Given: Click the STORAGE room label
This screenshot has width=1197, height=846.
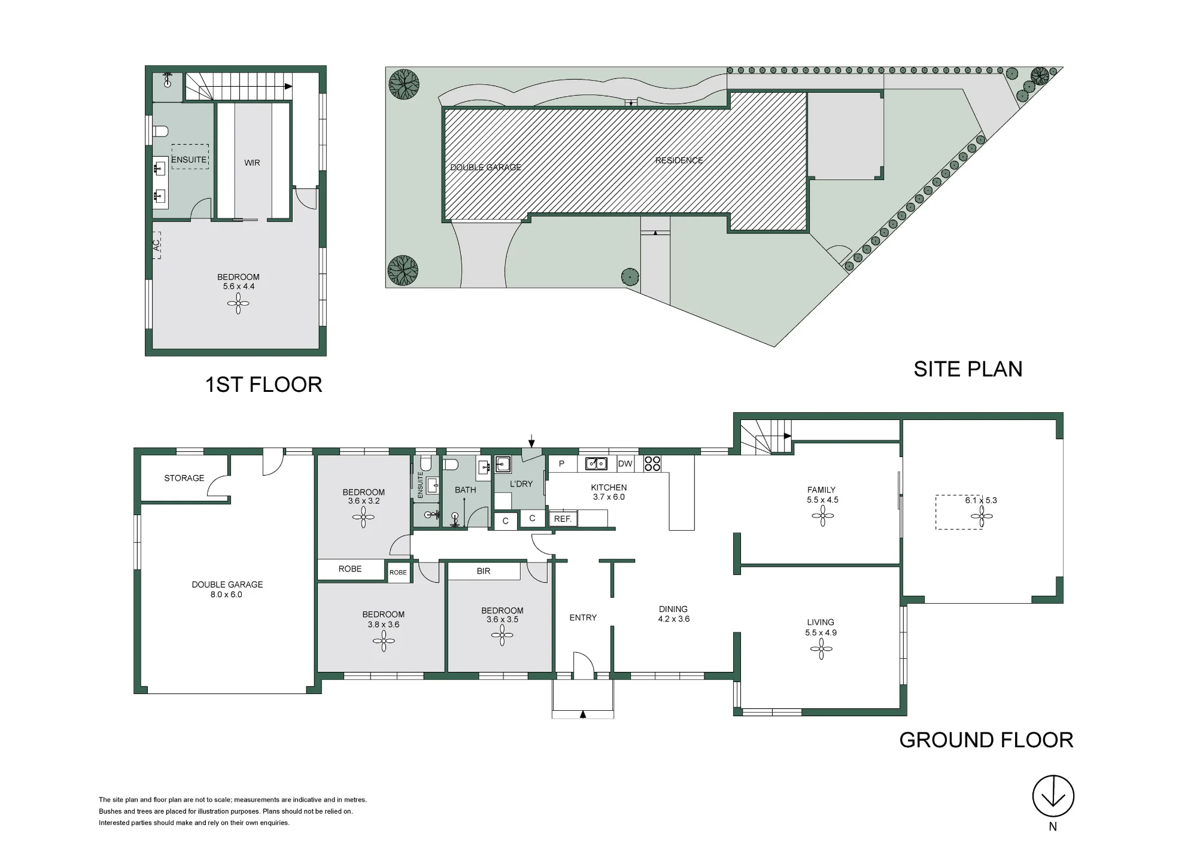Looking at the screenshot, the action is click(184, 478).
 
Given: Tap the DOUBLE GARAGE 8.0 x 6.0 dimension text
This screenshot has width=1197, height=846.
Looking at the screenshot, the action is click(226, 595).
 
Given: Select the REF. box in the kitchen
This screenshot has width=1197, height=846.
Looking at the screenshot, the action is click(563, 519).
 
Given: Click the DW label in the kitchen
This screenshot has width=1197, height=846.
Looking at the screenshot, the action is click(625, 464).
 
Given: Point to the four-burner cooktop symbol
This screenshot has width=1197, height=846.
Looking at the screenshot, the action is click(652, 464).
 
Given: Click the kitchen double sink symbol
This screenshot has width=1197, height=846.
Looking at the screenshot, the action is click(596, 464).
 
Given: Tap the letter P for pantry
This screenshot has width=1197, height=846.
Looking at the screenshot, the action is click(561, 464).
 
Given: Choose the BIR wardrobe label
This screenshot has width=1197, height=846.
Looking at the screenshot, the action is click(484, 571).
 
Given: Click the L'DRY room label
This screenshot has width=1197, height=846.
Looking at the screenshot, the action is click(521, 484).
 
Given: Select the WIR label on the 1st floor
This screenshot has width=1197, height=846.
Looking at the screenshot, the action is click(252, 163).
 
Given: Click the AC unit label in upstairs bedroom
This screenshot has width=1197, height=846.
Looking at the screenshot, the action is click(157, 245).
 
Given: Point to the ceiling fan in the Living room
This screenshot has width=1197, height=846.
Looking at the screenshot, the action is click(821, 649).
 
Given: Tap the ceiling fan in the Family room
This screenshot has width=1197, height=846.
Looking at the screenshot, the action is click(823, 516).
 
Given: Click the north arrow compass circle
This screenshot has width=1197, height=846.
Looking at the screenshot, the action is click(1053, 796).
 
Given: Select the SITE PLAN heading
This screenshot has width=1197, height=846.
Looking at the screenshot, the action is click(968, 369).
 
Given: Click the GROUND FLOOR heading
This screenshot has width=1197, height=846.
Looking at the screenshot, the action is click(986, 740).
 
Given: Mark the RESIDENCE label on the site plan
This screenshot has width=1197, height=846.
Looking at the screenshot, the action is click(679, 160).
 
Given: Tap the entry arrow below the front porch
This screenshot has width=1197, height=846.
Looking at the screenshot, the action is click(583, 714).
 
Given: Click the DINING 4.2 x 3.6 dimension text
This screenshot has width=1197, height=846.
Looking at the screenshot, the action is click(674, 619).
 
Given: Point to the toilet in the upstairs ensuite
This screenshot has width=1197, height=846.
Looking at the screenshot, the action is click(160, 130).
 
